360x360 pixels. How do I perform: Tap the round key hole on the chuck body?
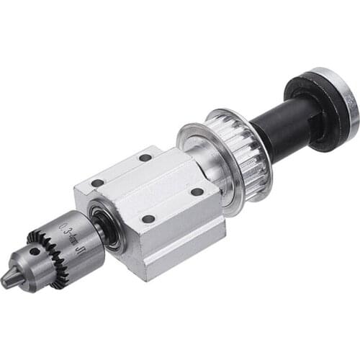tap(34, 251)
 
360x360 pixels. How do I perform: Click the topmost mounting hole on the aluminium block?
tap(145, 157)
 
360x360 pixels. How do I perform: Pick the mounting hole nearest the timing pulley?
tap(196, 192)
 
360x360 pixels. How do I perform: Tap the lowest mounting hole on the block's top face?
tap(148, 219)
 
